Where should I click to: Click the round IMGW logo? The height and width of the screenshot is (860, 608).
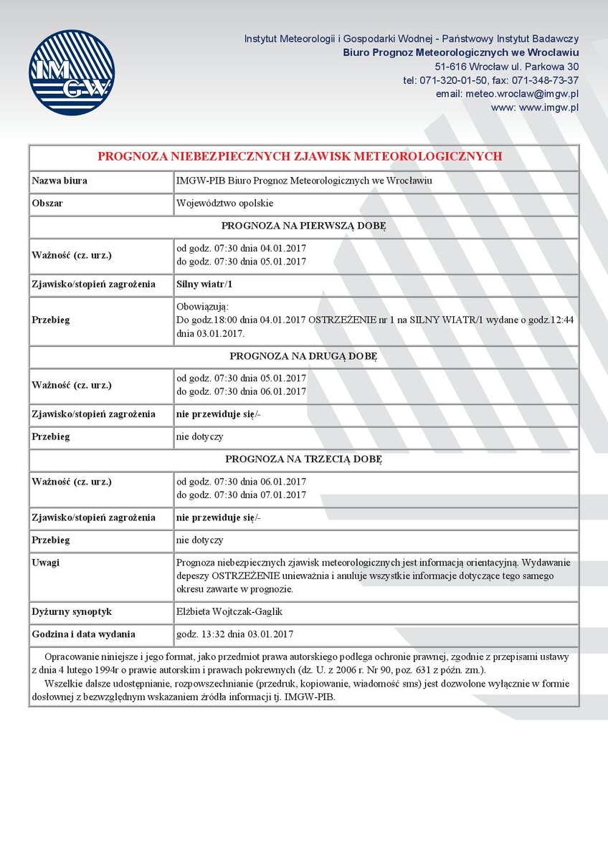pos(72,72)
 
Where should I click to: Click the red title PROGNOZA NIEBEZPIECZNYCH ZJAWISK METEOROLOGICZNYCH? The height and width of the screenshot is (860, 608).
pos(300,156)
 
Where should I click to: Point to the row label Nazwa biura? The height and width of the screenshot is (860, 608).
pos(60,181)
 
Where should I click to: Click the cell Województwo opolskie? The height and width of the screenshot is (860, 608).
pos(224,204)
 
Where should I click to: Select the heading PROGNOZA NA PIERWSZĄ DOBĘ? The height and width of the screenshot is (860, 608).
pos(303,226)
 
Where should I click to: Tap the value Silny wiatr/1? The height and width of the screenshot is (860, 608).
pos(204,285)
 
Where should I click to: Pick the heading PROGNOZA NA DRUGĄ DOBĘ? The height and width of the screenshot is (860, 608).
pos(303,355)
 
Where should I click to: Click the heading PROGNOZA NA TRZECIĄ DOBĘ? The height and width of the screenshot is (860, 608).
pos(303,459)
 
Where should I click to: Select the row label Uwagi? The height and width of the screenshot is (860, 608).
pos(46,563)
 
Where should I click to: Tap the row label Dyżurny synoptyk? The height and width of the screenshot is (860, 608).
pos(72,612)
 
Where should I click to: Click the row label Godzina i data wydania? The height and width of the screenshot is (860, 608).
pos(83,634)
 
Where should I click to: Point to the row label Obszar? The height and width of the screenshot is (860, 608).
pos(47,204)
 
